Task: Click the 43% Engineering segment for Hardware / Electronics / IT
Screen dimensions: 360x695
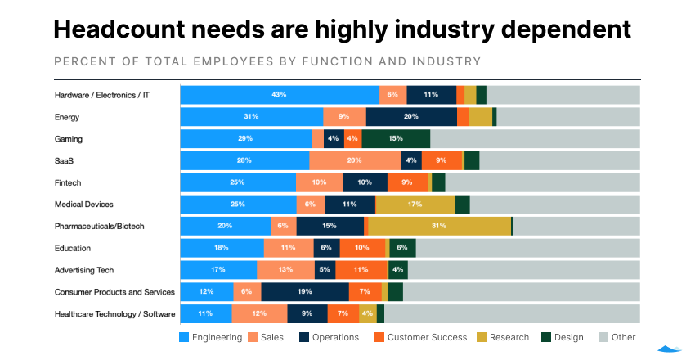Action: (280, 95)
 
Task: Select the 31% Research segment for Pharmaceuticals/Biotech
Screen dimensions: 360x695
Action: (438, 226)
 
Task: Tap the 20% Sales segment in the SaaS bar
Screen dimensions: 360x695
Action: (355, 160)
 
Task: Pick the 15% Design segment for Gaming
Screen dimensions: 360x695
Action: (396, 139)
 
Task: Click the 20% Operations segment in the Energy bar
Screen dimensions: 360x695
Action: (411, 117)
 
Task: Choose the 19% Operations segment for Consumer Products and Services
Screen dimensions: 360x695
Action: (305, 291)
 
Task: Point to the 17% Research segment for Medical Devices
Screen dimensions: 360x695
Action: (415, 205)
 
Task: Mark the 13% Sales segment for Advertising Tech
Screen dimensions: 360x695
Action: (285, 270)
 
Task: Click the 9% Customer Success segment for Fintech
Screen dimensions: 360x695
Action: (407, 182)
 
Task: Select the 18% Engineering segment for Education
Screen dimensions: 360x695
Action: (222, 248)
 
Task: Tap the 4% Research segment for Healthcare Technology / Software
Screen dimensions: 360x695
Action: (367, 313)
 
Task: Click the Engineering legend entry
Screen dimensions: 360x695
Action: (210, 337)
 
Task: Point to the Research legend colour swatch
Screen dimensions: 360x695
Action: (482, 337)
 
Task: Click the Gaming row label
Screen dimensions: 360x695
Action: (69, 139)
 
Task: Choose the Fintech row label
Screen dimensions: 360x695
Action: (68, 182)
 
